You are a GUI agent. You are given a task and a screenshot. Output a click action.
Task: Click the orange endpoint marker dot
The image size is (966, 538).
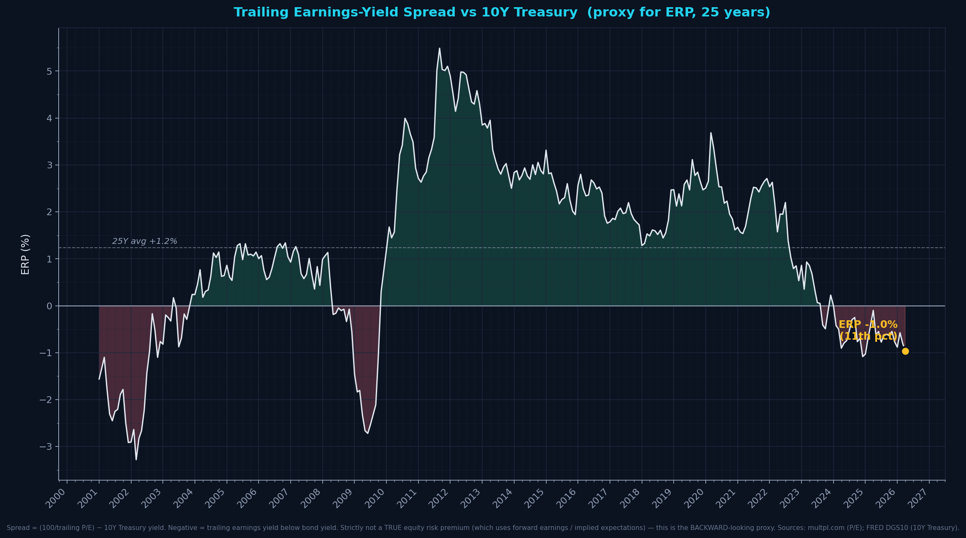pos(905,351)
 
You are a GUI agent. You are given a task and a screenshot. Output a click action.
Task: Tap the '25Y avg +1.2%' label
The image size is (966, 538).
pos(145,241)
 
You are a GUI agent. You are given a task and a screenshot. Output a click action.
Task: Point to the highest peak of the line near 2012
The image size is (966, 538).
pos(439,48)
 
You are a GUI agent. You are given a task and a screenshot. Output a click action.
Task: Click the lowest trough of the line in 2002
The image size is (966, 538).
pos(136,459)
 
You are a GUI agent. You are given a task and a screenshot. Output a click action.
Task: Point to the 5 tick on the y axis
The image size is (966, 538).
pos(49,71)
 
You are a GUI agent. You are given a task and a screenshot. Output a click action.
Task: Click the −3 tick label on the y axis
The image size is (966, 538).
pos(46,446)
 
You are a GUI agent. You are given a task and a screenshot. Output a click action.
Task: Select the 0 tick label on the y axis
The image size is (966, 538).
pos(49,306)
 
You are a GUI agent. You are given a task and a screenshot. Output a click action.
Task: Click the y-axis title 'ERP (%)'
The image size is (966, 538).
pos(25,254)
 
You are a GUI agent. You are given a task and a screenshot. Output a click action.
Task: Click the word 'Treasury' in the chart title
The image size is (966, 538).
pos(551,13)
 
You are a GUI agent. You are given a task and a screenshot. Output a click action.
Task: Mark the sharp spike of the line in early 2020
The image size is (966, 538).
pos(710,133)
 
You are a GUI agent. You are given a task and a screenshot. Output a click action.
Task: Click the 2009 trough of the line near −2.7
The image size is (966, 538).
pos(367,433)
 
